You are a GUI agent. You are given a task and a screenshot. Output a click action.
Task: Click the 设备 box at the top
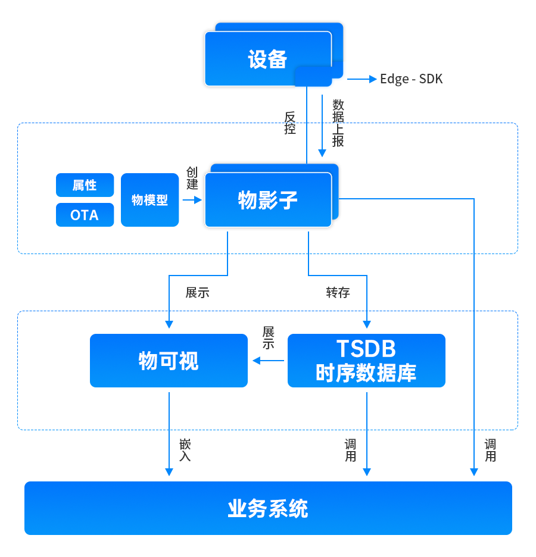pyautogui.click(x=268, y=59)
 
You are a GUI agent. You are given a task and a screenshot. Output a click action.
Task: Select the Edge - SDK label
pyautogui.click(x=411, y=79)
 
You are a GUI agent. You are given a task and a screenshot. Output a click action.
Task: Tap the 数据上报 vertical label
pyautogui.click(x=338, y=123)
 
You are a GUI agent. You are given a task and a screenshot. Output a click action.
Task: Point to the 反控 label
pyautogui.click(x=290, y=123)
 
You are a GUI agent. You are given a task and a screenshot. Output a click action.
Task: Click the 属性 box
pyautogui.click(x=85, y=185)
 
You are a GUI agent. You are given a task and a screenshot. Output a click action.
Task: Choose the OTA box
pyautogui.click(x=85, y=215)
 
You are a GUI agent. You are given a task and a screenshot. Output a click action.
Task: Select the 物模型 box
pyautogui.click(x=149, y=200)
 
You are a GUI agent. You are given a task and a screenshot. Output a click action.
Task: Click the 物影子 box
pyautogui.click(x=268, y=200)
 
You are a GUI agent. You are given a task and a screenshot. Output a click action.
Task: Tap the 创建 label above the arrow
pyautogui.click(x=192, y=178)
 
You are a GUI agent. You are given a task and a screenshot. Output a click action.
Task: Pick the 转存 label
pyautogui.click(x=338, y=292)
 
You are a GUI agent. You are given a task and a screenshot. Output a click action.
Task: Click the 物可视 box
pyautogui.click(x=169, y=361)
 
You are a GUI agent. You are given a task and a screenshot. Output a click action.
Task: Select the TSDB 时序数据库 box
pyautogui.click(x=366, y=361)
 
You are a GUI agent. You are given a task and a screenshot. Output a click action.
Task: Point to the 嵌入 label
pyautogui.click(x=185, y=450)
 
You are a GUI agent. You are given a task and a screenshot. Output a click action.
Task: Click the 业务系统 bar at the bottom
pyautogui.click(x=268, y=508)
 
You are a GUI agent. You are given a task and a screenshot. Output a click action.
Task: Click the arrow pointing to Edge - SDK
pyautogui.click(x=362, y=79)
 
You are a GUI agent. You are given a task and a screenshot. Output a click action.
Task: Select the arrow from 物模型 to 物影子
pyautogui.click(x=192, y=201)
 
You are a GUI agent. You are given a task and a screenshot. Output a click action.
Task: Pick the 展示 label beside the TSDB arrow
pyautogui.click(x=268, y=337)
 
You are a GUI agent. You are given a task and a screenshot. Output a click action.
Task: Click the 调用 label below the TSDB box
pyautogui.click(x=350, y=450)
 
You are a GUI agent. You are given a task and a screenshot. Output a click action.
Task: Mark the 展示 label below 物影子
pyautogui.click(x=197, y=292)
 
